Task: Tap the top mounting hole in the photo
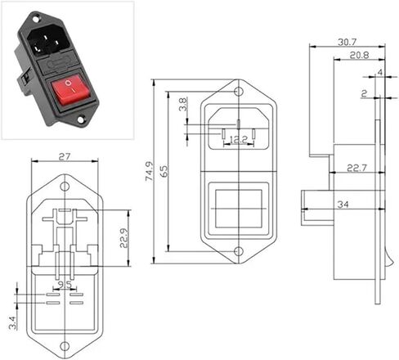[36, 20]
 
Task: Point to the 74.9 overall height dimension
[150, 171]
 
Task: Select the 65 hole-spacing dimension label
[165, 171]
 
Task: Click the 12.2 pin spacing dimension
[238, 140]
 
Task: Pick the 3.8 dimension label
[183, 104]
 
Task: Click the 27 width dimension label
[65, 157]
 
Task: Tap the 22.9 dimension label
[124, 237]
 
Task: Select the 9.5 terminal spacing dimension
[65, 285]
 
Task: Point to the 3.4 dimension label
[13, 322]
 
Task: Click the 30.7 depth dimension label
[347, 42]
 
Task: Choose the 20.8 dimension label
[359, 55]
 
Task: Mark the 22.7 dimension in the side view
[356, 168]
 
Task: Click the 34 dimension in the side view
[343, 205]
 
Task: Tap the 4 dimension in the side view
[380, 72]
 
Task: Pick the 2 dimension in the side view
[364, 94]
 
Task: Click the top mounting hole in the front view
[239, 92]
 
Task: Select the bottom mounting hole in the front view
[239, 251]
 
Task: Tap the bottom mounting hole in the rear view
[65, 346]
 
